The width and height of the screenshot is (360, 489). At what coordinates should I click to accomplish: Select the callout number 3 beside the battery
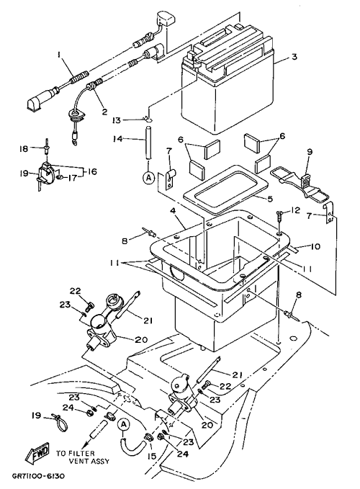(x=294, y=57)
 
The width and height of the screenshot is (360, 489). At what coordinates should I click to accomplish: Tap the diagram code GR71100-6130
(x=38, y=476)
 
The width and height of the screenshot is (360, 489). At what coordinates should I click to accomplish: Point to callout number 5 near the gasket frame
(x=270, y=198)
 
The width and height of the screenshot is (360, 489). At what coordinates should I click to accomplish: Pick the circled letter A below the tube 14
(x=148, y=177)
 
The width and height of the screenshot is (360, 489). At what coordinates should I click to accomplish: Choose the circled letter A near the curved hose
(x=123, y=424)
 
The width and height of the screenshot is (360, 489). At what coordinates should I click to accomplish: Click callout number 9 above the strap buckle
(x=309, y=152)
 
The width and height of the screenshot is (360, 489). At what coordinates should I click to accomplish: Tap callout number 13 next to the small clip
(x=116, y=120)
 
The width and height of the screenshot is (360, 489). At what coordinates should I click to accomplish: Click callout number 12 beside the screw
(x=295, y=210)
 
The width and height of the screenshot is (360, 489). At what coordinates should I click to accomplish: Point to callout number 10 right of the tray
(x=315, y=247)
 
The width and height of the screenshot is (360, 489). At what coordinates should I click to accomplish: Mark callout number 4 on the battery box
(x=173, y=210)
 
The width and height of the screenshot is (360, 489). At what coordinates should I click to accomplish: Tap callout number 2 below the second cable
(x=104, y=111)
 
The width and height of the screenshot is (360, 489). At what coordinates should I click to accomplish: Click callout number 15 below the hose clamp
(x=151, y=457)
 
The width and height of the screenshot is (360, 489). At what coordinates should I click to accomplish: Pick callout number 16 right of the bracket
(x=91, y=171)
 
